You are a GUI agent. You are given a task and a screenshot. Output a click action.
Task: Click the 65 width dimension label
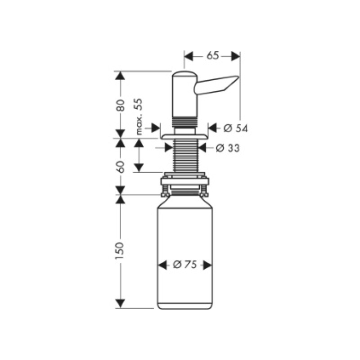tap(212, 56)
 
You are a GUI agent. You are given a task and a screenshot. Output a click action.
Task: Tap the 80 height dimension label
tap(120, 105)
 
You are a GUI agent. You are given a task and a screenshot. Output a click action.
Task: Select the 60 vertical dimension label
tap(120, 166)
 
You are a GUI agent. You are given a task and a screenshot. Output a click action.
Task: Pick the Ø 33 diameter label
tap(227, 148)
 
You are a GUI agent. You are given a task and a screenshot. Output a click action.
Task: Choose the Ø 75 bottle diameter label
tap(185, 265)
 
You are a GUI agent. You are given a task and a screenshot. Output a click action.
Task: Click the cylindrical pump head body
tap(184, 95)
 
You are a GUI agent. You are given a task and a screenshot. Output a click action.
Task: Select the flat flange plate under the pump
tap(184, 135)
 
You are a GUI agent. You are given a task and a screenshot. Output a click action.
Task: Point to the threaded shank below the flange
tap(184, 155)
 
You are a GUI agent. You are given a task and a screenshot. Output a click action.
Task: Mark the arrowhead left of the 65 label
tap(189, 56)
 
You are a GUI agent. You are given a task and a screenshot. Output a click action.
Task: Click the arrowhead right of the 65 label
tap(235, 56)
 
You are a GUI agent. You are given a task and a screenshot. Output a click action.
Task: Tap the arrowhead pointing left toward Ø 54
tap(214, 129)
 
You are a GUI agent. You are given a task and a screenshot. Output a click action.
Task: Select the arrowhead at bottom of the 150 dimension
tap(120, 303)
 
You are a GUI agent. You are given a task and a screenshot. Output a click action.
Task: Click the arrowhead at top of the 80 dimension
tap(120, 76)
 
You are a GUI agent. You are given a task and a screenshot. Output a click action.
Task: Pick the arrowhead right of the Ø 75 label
tap(206, 265)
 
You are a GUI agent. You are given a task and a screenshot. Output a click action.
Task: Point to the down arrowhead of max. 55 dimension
tap(139, 167)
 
